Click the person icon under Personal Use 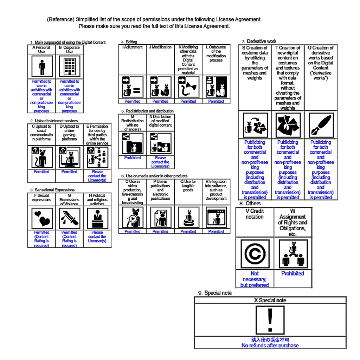click(x=41, y=67)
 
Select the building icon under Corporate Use click(x=69, y=67)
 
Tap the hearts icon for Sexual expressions click(x=41, y=218)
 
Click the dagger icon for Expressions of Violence click(x=69, y=218)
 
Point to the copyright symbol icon click(x=255, y=254)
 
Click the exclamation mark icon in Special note click(x=270, y=320)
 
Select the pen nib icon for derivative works click(x=320, y=125)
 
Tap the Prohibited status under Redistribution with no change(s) click(x=132, y=158)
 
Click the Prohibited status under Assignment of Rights click(x=292, y=274)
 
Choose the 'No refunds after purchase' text click(x=270, y=346)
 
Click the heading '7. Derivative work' click(x=259, y=41)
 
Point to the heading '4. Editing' click(x=129, y=42)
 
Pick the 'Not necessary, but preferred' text click(x=255, y=279)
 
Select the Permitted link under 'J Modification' click(x=160, y=101)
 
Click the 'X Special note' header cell click(x=270, y=301)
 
